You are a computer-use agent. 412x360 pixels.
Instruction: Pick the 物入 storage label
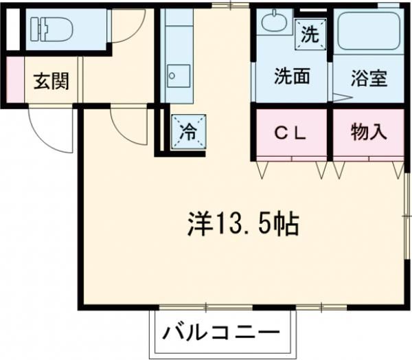click(367, 131)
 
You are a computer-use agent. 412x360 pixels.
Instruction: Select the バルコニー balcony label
click(222, 335)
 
